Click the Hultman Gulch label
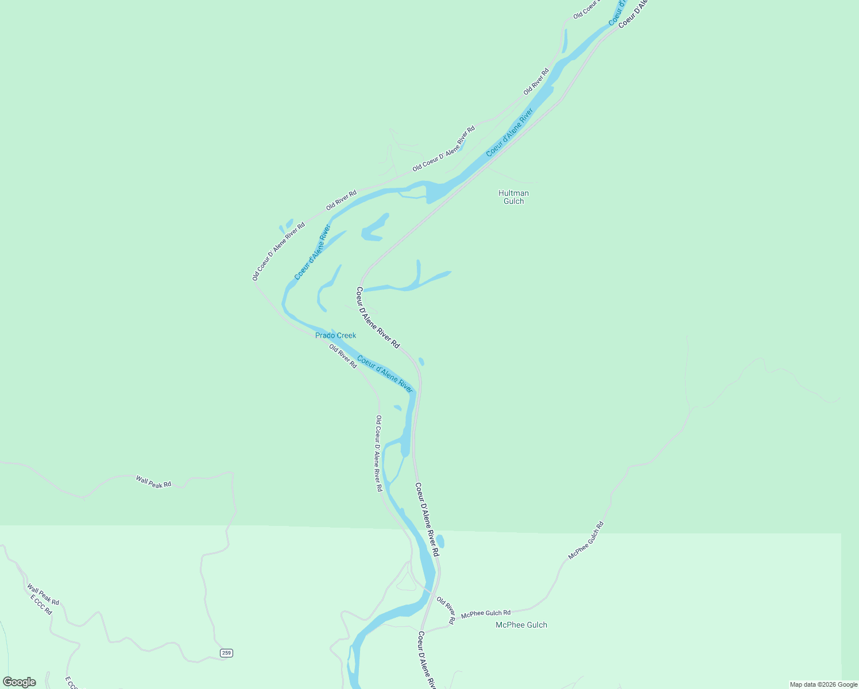coord(513,197)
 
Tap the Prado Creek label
coord(335,335)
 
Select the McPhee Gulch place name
coord(521,625)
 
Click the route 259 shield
coord(227,653)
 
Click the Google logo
coord(20,682)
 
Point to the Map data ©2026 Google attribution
coord(823,684)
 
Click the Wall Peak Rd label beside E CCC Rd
coord(43,594)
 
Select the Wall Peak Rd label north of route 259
coord(153,482)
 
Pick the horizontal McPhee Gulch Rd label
coord(486,613)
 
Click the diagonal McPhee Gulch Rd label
coord(586,540)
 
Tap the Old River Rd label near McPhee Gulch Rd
coord(446,610)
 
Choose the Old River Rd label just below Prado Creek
coord(343,356)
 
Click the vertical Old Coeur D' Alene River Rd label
coord(378,453)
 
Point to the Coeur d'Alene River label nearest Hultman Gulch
coord(509,133)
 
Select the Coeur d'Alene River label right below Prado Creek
coord(385,374)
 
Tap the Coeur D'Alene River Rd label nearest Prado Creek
coord(377,318)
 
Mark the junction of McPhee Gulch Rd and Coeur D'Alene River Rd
coord(427,630)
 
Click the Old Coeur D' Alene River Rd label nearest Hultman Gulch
coord(443,149)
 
